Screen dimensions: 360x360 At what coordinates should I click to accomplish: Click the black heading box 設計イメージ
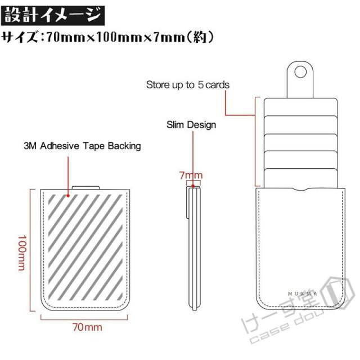pos(53,16)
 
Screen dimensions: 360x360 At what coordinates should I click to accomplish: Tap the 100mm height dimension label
pos(22,253)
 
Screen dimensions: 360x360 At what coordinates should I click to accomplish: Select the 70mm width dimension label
pos(87,327)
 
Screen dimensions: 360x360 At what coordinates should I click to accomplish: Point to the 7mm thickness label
pos(191,175)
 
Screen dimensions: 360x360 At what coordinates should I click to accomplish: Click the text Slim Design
pos(191,125)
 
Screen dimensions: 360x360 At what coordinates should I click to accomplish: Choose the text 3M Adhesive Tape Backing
pos(82,146)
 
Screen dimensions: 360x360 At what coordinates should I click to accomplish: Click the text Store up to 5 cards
pos(188,85)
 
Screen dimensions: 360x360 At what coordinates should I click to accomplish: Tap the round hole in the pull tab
pos(300,72)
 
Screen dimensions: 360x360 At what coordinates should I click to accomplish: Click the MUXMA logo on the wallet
pos(303,294)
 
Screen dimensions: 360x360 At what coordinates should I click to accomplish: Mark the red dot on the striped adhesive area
pos(68,196)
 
